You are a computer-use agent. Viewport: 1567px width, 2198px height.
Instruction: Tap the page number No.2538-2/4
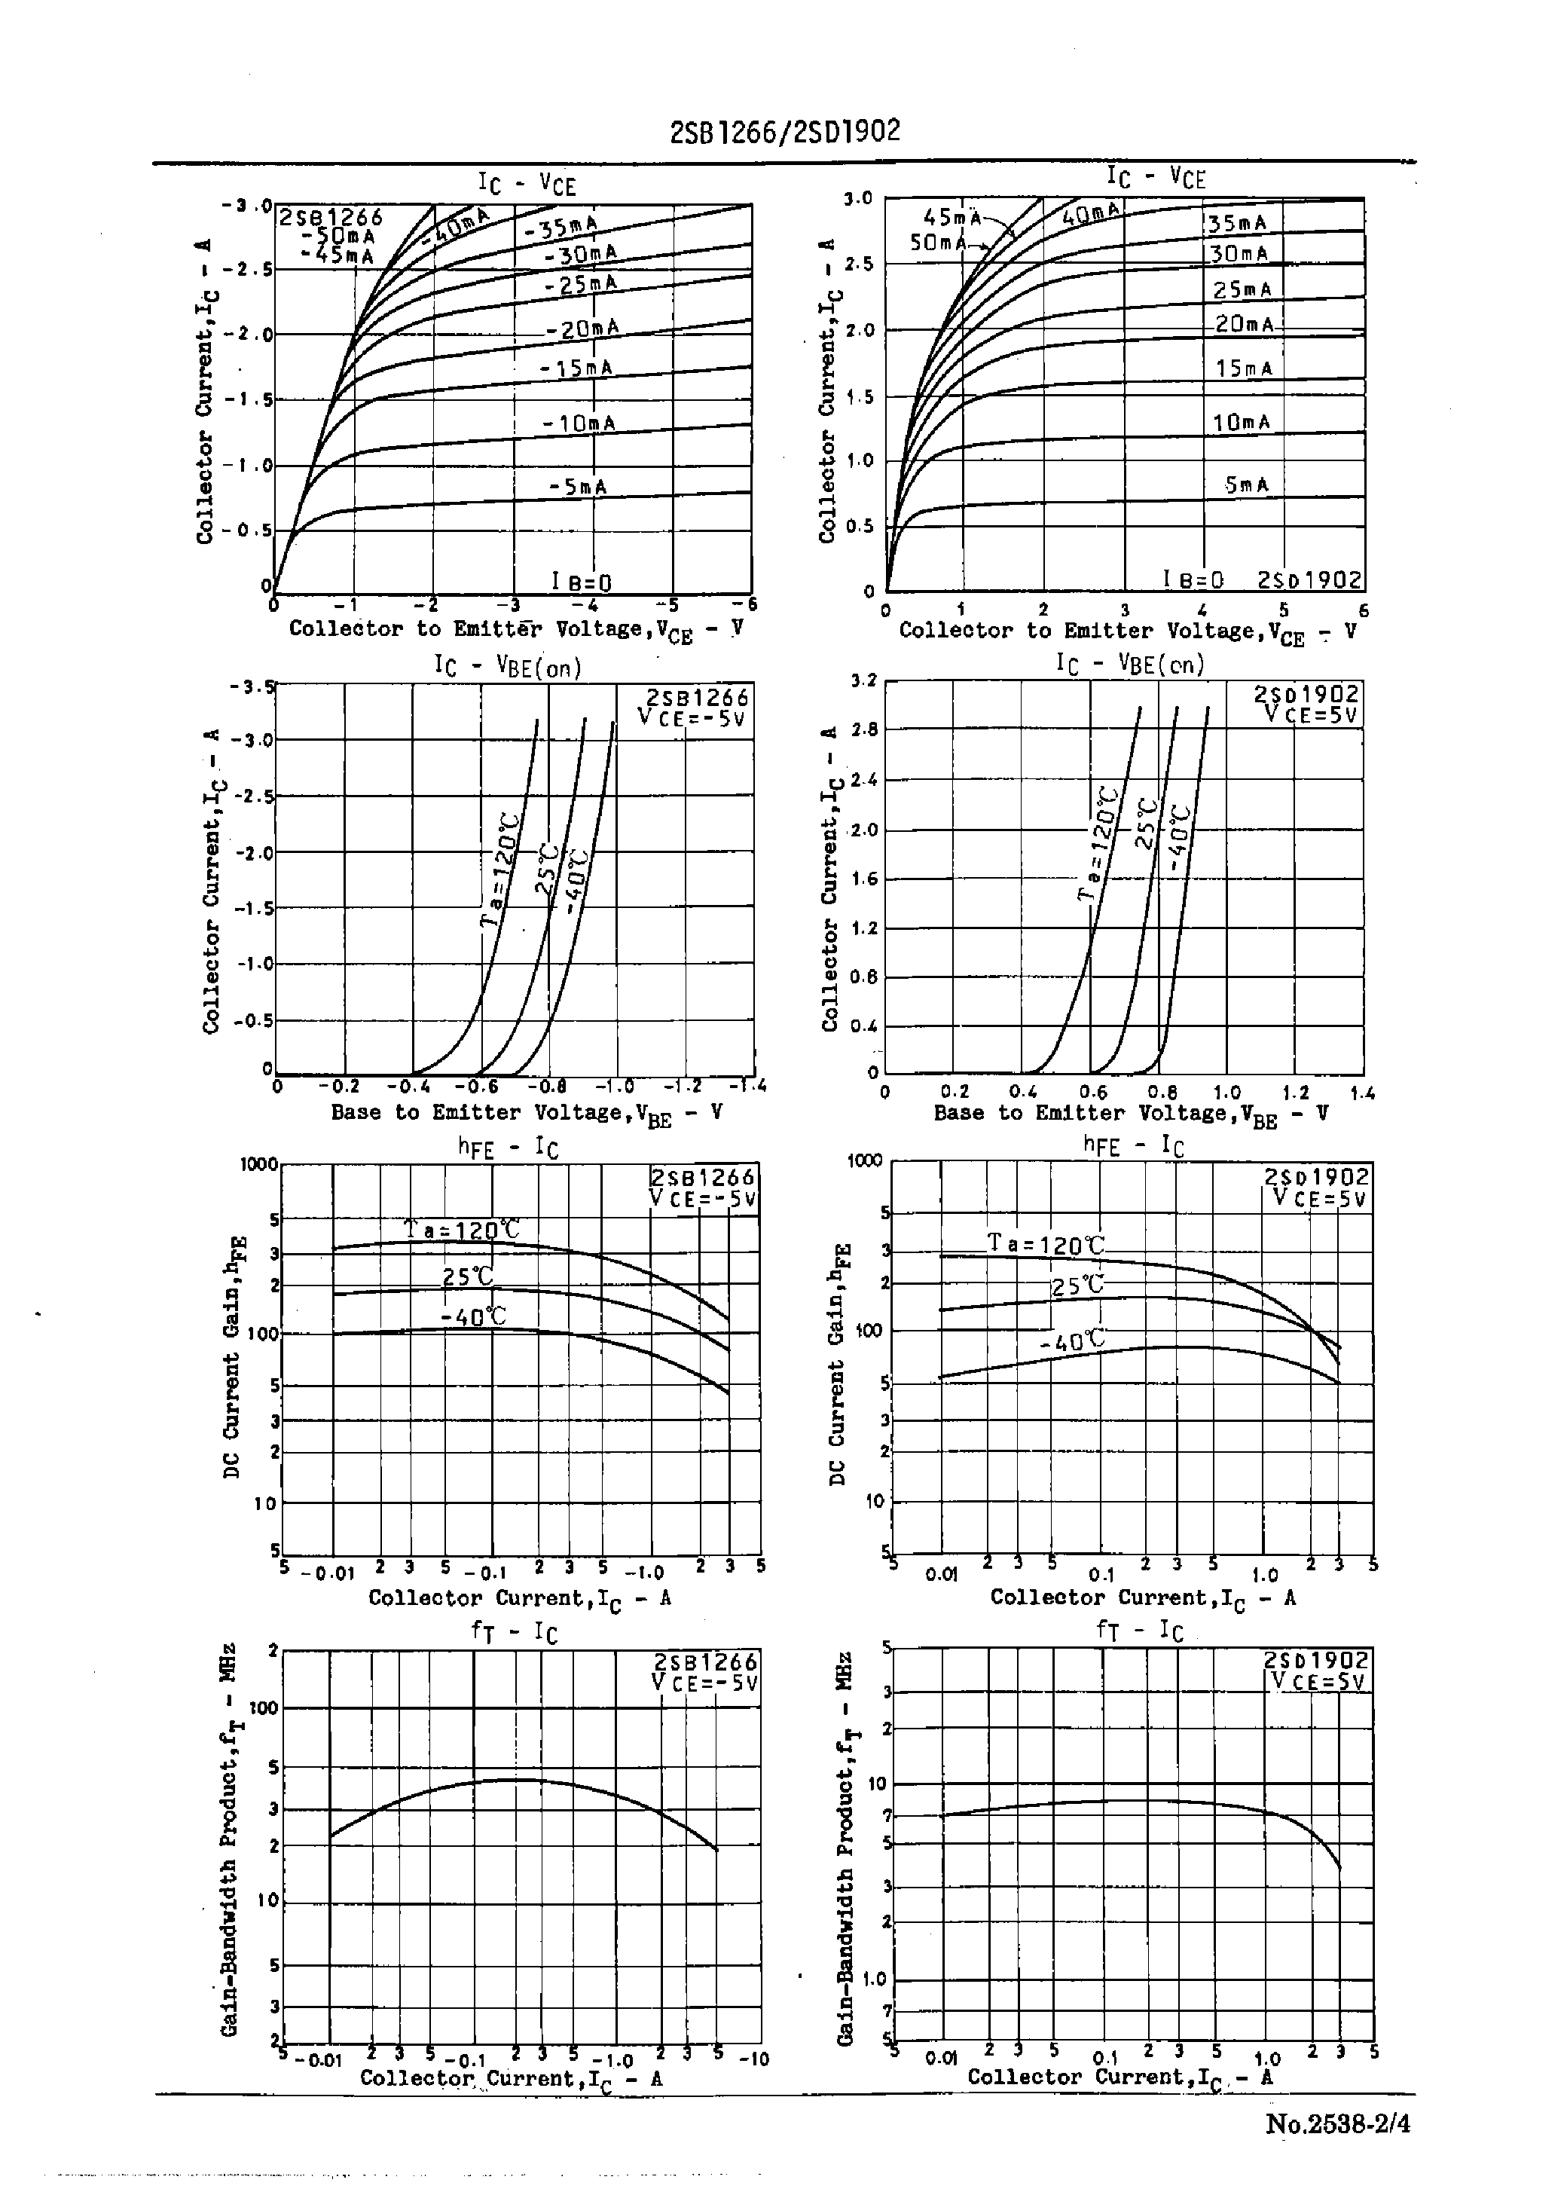(x=1337, y=2123)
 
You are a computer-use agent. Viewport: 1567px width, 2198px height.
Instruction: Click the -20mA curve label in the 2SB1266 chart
(x=582, y=329)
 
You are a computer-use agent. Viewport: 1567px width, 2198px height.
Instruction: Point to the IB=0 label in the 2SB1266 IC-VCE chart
(x=581, y=582)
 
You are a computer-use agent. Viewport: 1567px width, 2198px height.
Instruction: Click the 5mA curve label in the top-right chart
(x=1247, y=485)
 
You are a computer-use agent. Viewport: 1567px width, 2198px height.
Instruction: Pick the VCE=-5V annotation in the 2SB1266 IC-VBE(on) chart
(x=692, y=718)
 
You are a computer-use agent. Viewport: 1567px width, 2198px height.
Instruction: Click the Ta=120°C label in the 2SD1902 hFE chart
(x=1045, y=1245)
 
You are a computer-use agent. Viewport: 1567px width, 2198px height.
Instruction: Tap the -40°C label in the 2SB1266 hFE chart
(x=473, y=1317)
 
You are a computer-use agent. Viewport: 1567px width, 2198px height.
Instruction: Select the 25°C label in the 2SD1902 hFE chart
(x=1076, y=1286)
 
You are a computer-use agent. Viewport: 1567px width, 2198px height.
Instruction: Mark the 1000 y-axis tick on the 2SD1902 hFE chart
(x=865, y=1160)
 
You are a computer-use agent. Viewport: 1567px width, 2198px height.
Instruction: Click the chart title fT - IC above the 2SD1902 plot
(x=1138, y=1631)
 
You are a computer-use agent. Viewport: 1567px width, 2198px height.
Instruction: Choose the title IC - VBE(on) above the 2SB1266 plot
(x=508, y=667)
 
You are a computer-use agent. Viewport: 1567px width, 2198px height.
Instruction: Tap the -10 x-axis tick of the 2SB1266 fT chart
(x=753, y=2060)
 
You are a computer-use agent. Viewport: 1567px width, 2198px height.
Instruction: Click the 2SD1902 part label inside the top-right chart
(x=1309, y=580)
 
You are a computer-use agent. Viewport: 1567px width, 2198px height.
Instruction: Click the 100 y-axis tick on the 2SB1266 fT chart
(x=264, y=1709)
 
